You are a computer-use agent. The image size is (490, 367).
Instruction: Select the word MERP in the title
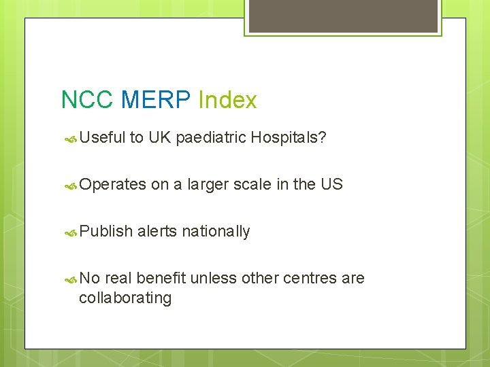tap(156, 101)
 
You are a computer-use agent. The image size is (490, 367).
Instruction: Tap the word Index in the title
tap(227, 101)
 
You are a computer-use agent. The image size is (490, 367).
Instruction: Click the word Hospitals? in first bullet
tap(288, 139)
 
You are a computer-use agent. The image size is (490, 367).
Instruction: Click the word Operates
tap(112, 185)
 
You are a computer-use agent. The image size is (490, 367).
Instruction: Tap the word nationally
tap(216, 232)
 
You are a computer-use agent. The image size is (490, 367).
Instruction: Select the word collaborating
tap(125, 298)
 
